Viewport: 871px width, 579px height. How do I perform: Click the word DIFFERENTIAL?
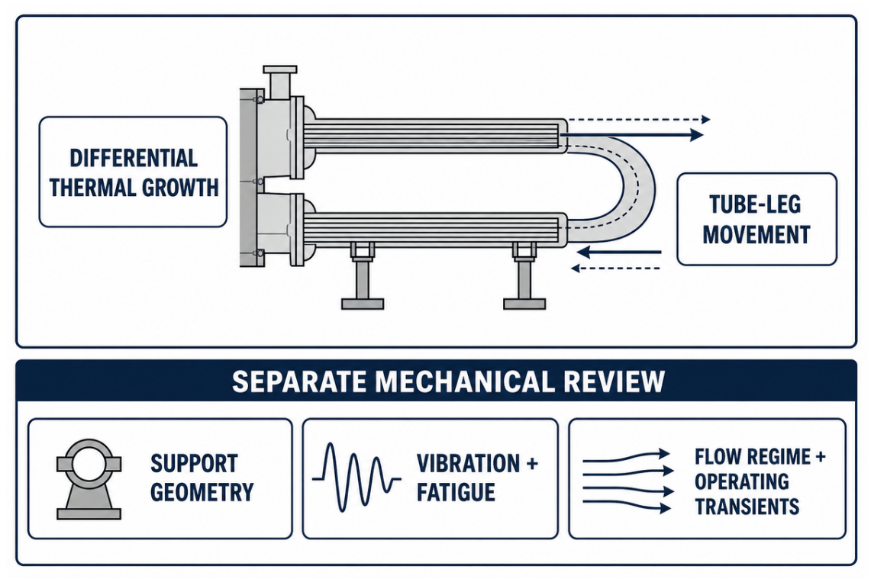[134, 158]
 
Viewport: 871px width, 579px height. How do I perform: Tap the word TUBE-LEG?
[756, 205]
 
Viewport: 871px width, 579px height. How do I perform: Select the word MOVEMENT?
[756, 234]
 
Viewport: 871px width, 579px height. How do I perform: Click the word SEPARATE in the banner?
[298, 382]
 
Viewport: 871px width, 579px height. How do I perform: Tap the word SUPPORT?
[194, 464]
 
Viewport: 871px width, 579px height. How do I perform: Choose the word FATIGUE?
[456, 492]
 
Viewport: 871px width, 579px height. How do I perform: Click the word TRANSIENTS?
[747, 507]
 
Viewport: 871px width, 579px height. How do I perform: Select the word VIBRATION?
[468, 464]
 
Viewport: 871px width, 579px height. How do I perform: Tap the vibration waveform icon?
[356, 478]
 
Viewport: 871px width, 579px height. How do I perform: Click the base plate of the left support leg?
[362, 304]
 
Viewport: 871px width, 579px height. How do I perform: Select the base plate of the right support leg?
[524, 304]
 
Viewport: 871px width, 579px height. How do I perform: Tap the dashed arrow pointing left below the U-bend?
[615, 269]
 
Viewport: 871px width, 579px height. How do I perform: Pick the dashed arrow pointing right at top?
[638, 119]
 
